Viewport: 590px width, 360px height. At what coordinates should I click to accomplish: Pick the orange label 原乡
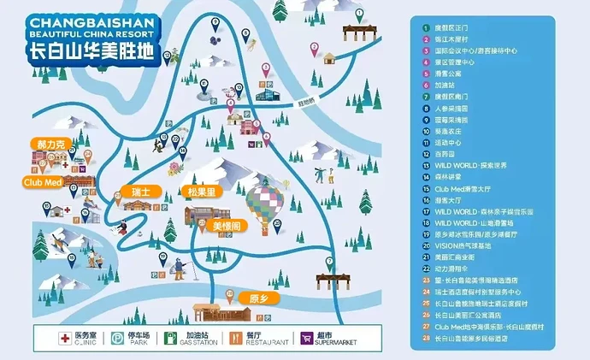coord(259,298)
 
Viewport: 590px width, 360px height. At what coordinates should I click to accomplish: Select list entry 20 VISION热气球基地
coord(466,245)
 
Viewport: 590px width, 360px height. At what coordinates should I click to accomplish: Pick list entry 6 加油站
coord(444,86)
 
